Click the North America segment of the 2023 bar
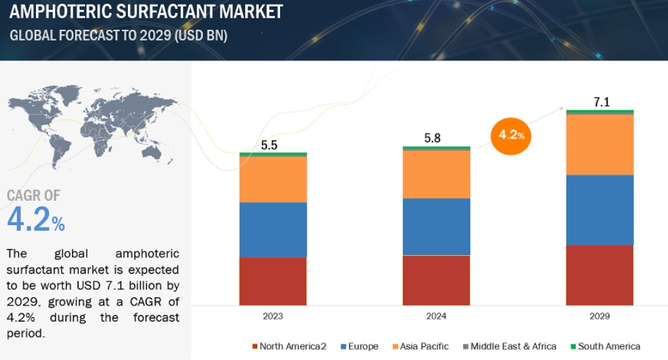point(273,281)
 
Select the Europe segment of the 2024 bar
point(436,227)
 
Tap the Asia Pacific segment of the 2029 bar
point(600,145)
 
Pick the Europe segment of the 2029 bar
point(600,210)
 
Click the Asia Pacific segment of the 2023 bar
point(273,180)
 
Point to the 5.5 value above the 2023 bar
point(269,145)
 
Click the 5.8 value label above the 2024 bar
point(433,138)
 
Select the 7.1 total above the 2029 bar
point(601,102)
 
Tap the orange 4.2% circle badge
point(511,136)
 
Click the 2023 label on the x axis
point(273,316)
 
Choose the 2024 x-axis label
point(436,316)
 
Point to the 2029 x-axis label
point(600,316)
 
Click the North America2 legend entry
point(289,346)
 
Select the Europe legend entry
point(360,346)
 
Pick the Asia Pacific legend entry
point(420,346)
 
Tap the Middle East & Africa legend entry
point(510,346)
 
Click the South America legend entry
point(605,346)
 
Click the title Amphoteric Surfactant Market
point(146,12)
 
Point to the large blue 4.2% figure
point(36,219)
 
